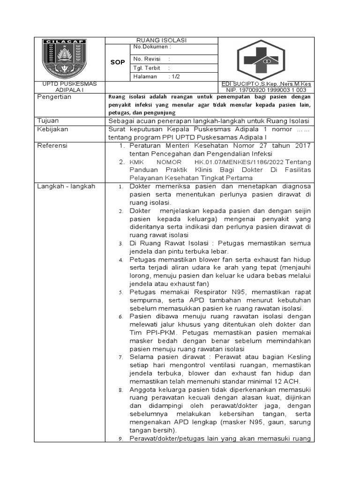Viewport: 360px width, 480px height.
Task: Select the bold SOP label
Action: tap(118, 62)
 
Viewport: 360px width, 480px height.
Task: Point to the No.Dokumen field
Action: tap(152, 47)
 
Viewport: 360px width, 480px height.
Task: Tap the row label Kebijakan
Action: tap(52, 129)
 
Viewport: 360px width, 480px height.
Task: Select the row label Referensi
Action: tap(52, 146)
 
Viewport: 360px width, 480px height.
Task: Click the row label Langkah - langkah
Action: tap(66, 186)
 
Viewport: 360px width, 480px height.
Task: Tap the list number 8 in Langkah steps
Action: tap(120, 390)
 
